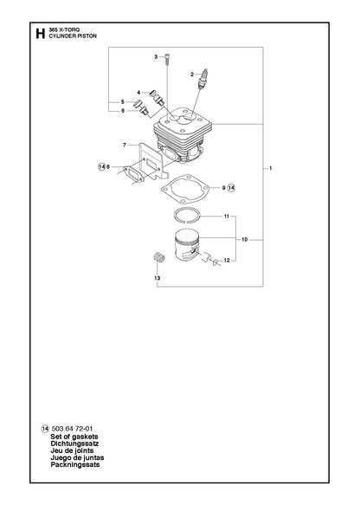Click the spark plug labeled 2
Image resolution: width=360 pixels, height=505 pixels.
point(202,78)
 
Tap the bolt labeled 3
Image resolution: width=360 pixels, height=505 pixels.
point(167,60)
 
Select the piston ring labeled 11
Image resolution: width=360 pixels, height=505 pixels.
point(188,216)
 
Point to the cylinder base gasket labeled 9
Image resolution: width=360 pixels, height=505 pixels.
point(185,190)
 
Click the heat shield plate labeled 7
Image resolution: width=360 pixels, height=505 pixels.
point(151,161)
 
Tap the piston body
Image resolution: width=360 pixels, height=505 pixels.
point(187,246)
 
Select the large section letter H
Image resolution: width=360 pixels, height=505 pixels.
point(40,34)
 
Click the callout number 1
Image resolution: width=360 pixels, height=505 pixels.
point(271,168)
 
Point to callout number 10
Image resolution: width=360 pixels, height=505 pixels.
point(245,240)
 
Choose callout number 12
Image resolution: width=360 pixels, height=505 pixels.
point(227,261)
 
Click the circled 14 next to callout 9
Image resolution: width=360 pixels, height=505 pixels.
point(232,188)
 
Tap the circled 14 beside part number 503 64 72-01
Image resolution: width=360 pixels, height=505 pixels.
point(45,429)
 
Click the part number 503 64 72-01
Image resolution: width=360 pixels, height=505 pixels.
point(72,429)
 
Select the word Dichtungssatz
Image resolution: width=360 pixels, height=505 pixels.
point(74,443)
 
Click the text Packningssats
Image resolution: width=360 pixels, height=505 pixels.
point(75,465)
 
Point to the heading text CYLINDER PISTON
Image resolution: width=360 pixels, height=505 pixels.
point(73,36)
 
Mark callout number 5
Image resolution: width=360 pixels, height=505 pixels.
point(123,102)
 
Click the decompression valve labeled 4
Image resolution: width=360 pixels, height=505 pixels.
point(157,96)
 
